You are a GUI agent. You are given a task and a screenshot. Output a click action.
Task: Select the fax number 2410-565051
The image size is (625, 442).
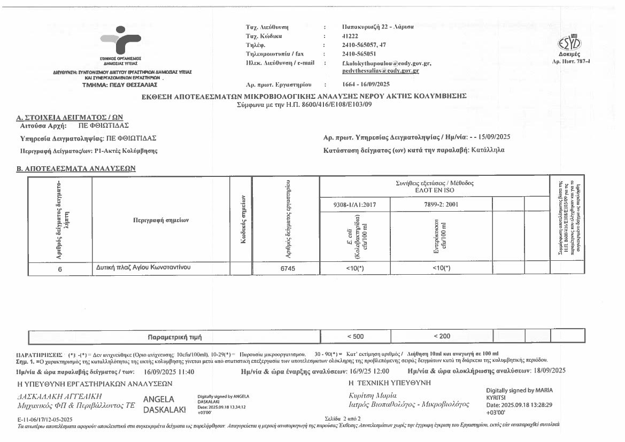click(x=359, y=54)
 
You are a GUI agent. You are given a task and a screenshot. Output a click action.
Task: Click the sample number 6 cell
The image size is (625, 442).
click(x=60, y=269)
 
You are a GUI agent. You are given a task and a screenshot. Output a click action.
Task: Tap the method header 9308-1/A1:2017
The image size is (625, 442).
click(x=354, y=204)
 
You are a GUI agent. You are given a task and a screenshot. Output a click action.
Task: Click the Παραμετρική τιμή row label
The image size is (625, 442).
click(x=174, y=337)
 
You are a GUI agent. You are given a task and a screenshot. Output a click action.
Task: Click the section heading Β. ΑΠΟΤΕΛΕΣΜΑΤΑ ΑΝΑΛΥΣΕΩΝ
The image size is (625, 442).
click(x=76, y=168)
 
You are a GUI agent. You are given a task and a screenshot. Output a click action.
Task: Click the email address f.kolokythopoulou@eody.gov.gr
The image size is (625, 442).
click(x=387, y=63)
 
